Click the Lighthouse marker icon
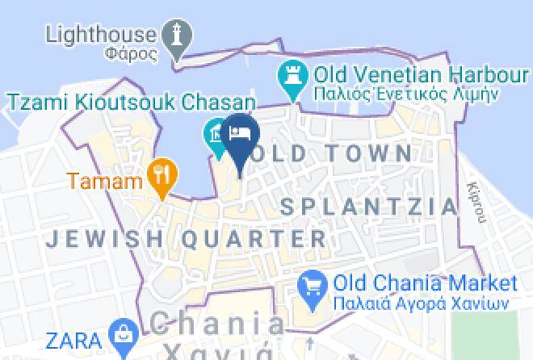(177, 36)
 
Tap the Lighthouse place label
(99, 34)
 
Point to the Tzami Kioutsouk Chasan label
(132, 103)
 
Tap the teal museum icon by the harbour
(215, 131)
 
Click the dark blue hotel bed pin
(241, 132)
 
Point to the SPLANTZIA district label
(369, 207)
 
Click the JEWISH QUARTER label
(187, 239)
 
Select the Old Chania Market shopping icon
(311, 285)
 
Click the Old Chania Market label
(424, 283)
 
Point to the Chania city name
(218, 325)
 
